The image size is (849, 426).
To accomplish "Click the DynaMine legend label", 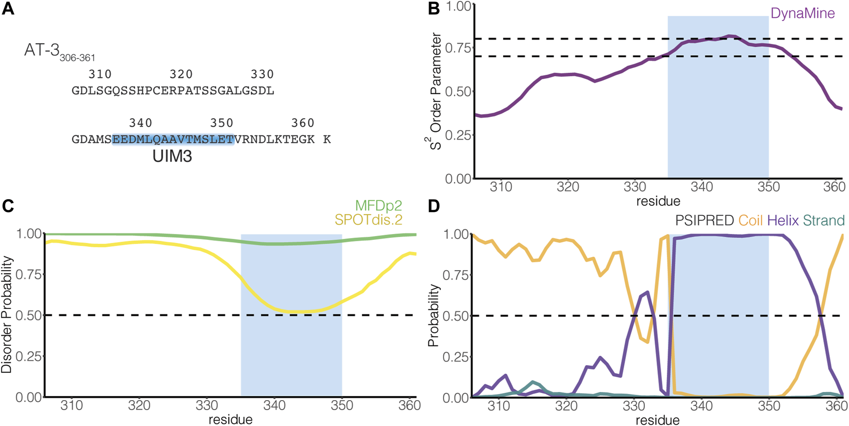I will pyautogui.click(x=803, y=13).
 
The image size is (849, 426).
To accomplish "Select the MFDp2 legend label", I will pyautogui.click(x=379, y=206).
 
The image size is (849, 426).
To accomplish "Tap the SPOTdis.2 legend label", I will pyautogui.click(x=368, y=220).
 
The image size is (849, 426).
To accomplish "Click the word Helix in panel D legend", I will pyautogui.click(x=782, y=221).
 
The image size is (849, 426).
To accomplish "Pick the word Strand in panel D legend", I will pyautogui.click(x=824, y=221).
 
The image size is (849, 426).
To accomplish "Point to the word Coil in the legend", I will pyautogui.click(x=750, y=221).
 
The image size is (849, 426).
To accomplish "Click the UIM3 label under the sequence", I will pyautogui.click(x=172, y=156).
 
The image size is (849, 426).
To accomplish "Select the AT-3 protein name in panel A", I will pyautogui.click(x=42, y=50).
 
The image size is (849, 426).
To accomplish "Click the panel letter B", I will pyautogui.click(x=434, y=9).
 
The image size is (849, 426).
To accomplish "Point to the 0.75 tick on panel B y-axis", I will pyautogui.click(x=458, y=47).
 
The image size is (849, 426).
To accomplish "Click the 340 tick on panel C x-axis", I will pyautogui.click(x=275, y=406).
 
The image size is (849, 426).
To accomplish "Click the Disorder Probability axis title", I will pyautogui.click(x=7, y=315).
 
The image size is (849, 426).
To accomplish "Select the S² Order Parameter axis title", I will pyautogui.click(x=435, y=91).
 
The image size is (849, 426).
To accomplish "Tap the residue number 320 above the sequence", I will pyautogui.click(x=181, y=74).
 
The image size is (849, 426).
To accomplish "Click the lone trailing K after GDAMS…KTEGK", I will pyautogui.click(x=327, y=140).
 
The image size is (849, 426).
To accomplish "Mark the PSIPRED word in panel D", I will pyautogui.click(x=704, y=221).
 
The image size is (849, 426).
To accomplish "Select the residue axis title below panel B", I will pyautogui.click(x=658, y=201).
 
